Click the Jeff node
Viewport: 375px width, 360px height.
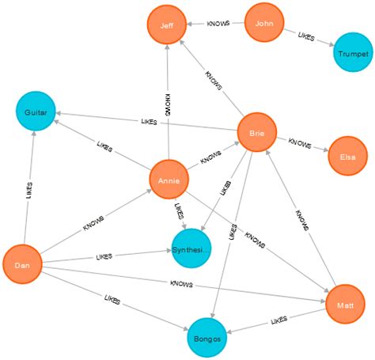[166, 25]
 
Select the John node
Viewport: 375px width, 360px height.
[264, 23]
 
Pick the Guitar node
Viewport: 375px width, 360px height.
[36, 112]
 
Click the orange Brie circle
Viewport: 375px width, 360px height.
[256, 133]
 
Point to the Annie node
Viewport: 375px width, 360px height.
[169, 180]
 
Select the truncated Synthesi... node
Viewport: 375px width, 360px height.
[191, 249]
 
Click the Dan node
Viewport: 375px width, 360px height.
[22, 265]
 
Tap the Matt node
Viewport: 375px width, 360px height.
[345, 303]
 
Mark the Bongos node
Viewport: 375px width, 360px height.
[207, 339]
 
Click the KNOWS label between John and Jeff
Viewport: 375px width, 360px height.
[218, 24]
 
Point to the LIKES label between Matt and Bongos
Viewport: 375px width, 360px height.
[279, 320]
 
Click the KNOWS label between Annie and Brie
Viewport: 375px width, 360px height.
[210, 157]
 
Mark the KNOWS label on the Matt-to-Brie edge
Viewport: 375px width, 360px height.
[301, 218]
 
